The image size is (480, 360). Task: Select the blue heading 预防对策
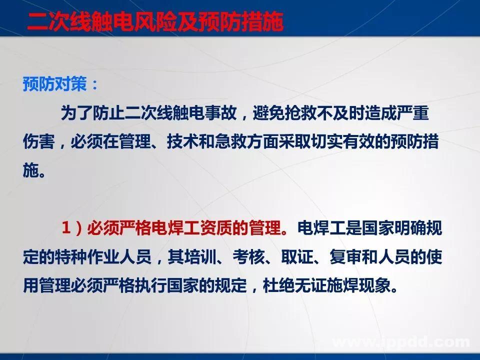[x=54, y=84]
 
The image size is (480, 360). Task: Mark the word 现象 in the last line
[x=375, y=286]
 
